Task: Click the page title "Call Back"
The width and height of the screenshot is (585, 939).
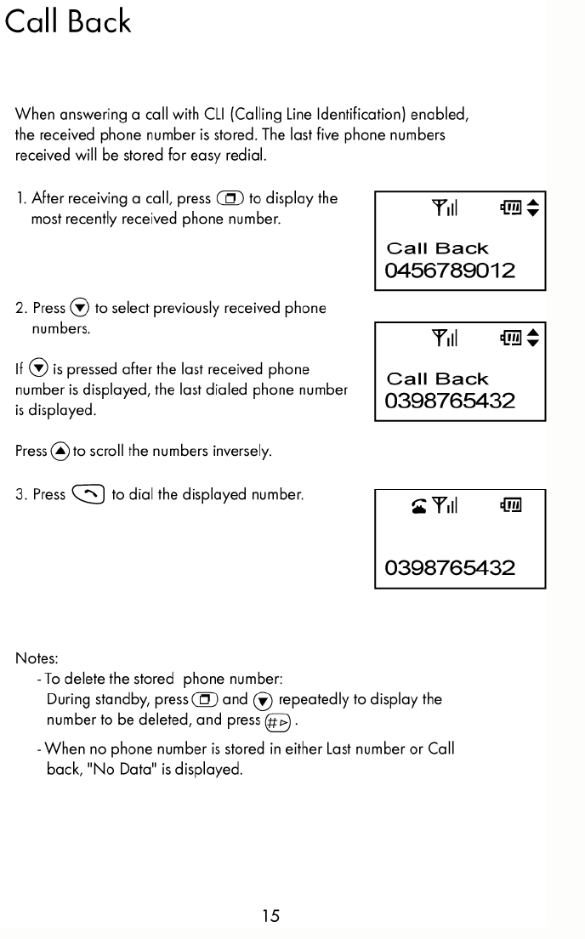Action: [68, 21]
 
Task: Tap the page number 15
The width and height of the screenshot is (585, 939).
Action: [270, 916]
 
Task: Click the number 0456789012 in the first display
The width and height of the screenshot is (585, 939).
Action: [450, 271]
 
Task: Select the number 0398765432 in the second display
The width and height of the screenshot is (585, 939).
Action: [450, 401]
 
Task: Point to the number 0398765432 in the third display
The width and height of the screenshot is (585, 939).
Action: [450, 567]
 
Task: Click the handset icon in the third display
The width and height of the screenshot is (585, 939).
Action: [417, 508]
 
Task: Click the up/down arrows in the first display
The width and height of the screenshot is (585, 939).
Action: [533, 208]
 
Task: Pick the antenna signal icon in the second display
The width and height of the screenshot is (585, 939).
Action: [444, 339]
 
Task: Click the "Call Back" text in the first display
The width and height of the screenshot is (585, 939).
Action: [437, 248]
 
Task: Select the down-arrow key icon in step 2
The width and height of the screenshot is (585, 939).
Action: [80, 308]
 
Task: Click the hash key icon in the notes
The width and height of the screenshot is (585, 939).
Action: [277, 722]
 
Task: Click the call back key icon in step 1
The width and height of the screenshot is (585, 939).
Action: [230, 199]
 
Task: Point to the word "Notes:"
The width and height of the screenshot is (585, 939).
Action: [37, 658]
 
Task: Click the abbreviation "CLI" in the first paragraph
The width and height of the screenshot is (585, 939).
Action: [213, 114]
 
